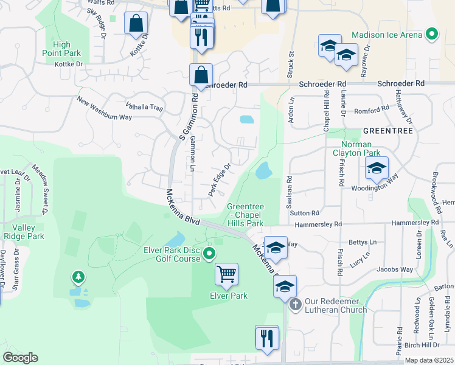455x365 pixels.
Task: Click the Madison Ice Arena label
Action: point(387,35)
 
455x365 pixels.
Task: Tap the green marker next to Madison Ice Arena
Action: point(432,34)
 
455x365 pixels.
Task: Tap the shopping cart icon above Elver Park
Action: point(226,274)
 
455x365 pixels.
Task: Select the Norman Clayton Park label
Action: point(356,148)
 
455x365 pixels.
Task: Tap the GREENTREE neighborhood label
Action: point(387,131)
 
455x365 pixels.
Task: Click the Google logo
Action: point(20,358)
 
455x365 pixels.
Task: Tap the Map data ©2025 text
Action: point(429,361)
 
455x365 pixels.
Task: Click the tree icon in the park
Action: point(78,278)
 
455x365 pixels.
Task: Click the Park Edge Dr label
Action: point(220,178)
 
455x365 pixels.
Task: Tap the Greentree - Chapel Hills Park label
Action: point(245,215)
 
